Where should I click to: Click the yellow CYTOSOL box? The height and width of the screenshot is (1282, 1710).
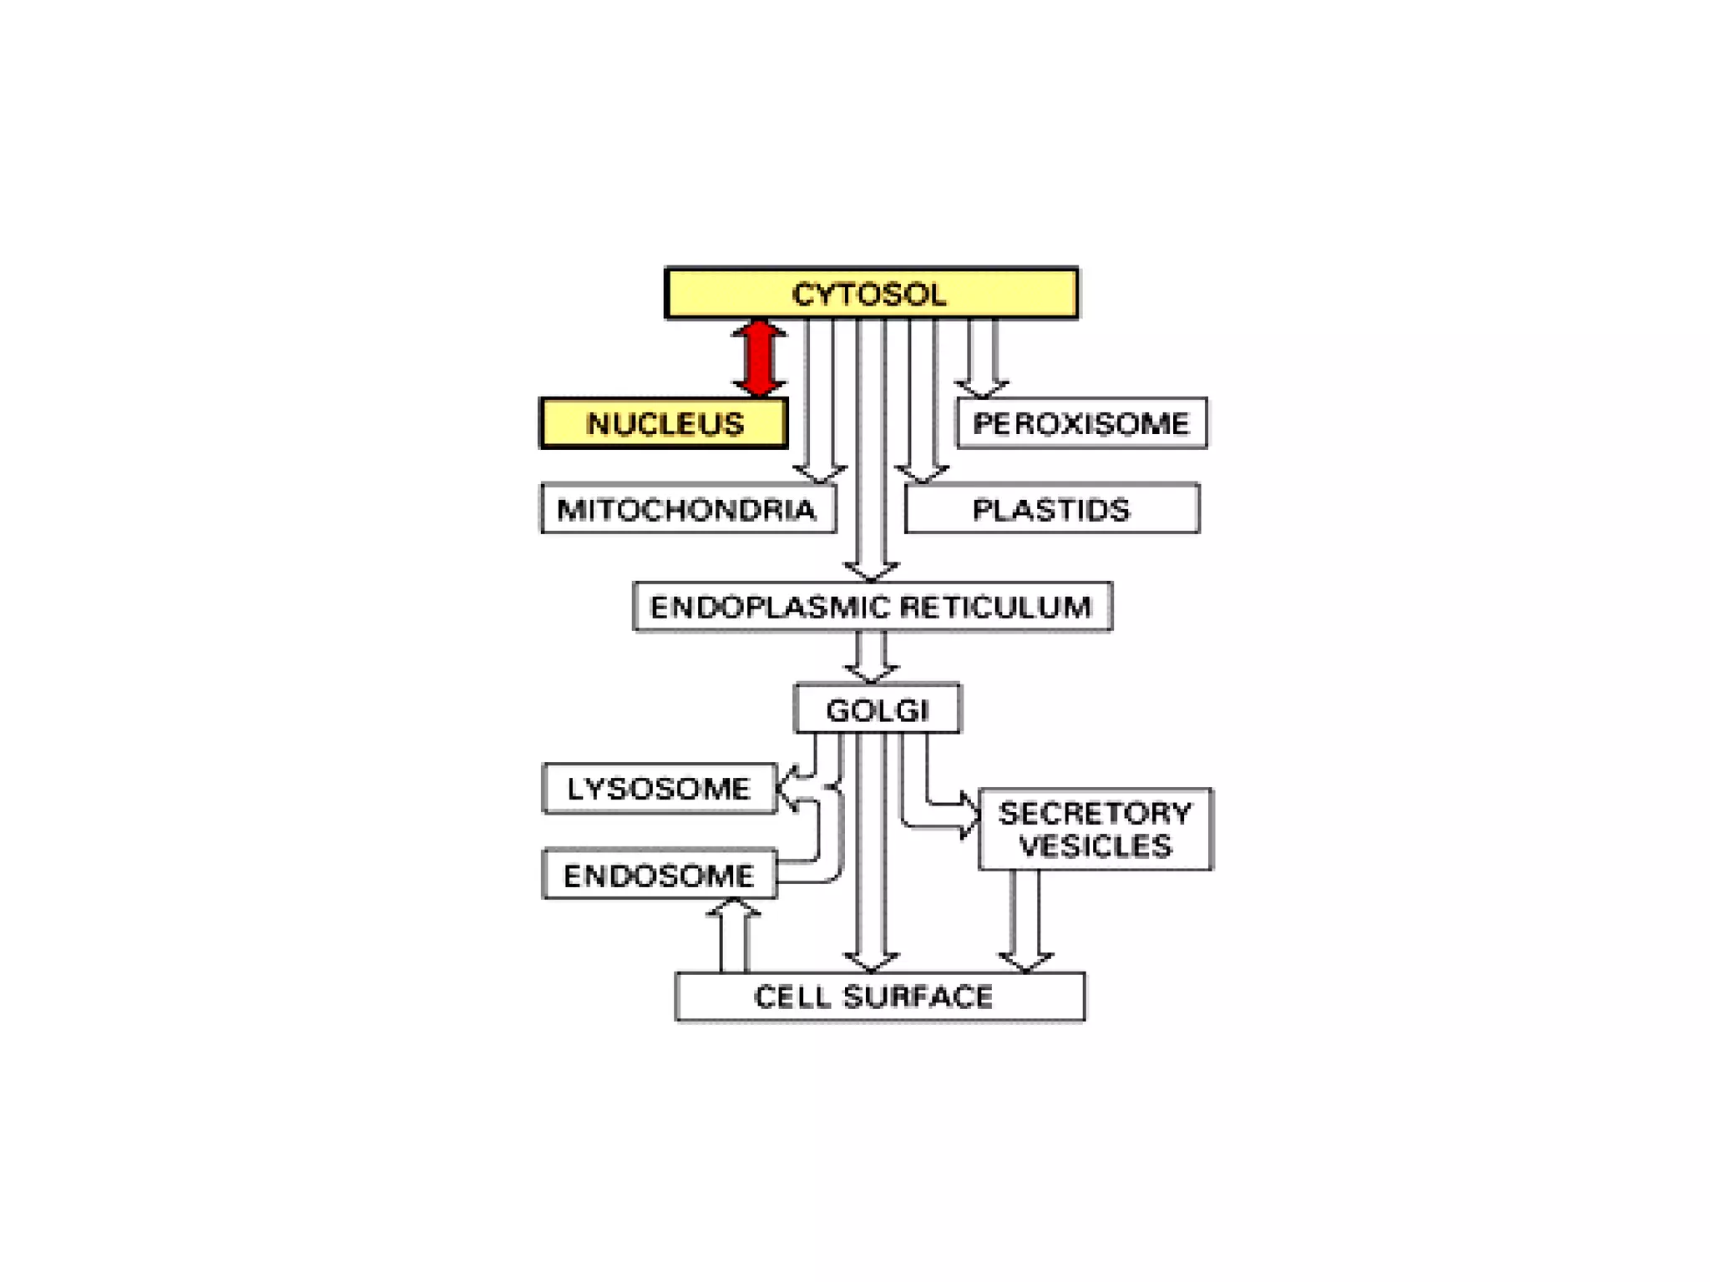871,293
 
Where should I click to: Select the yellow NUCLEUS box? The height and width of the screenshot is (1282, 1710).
664,423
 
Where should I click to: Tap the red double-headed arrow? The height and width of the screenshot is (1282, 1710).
759,358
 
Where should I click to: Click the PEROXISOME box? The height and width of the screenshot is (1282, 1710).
1081,423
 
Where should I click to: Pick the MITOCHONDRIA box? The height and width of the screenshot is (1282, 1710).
688,508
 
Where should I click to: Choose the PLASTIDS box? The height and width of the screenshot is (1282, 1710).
1052,508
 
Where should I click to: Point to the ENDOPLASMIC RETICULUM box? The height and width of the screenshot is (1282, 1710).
872,607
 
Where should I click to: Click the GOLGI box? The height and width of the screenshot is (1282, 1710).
878,709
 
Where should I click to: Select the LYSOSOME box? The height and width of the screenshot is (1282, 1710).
659,788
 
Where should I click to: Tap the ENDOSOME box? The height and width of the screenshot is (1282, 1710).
659,875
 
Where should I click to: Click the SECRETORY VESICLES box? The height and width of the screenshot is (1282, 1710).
1095,829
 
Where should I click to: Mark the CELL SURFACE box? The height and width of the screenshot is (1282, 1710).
879,996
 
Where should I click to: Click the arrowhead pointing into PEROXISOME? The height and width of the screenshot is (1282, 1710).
982,387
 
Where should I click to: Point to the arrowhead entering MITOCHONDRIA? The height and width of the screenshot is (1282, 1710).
820,473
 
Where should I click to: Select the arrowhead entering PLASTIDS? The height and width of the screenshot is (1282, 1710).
922,473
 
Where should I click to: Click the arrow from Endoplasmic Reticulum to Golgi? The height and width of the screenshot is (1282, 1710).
871,659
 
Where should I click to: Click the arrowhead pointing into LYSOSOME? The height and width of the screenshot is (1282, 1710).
787,787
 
